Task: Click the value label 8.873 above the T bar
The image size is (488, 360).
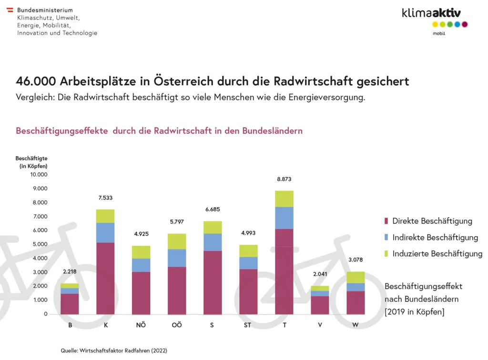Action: coord(284,180)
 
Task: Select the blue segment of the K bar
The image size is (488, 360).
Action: coord(105,233)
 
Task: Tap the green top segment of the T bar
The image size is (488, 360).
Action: coord(284,199)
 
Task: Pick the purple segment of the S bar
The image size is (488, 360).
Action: coord(213,282)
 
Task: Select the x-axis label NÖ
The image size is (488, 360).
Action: coord(141,325)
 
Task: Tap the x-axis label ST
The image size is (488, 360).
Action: coord(247,325)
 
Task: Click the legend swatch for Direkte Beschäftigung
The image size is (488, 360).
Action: coord(386,221)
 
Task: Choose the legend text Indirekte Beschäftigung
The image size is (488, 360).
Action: coord(435,237)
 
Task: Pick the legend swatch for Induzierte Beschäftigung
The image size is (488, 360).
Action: coord(386,254)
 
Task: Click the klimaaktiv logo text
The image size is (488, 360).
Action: coord(431,13)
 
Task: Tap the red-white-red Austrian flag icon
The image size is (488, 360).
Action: coord(10,10)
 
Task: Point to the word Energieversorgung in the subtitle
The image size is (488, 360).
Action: coord(325,98)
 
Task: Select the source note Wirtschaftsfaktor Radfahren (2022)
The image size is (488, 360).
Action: coord(114,350)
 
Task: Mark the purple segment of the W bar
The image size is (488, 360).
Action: coord(356,303)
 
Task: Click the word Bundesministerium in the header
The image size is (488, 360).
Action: coord(45,10)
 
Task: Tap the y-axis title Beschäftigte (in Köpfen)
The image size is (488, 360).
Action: coord(31,162)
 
